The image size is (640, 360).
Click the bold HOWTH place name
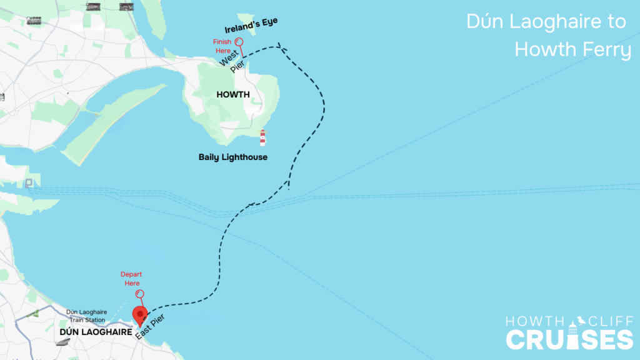click(x=232, y=95)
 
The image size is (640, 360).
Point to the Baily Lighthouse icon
click(x=262, y=137)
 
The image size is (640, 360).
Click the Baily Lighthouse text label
click(x=232, y=157)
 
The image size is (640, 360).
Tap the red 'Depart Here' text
click(x=131, y=279)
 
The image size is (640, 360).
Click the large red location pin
click(x=140, y=314)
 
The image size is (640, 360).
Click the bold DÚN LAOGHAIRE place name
click(x=96, y=333)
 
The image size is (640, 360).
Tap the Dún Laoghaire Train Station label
click(x=87, y=316)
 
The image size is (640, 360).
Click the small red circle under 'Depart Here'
click(x=140, y=293)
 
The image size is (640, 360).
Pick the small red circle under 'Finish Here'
click(x=239, y=36)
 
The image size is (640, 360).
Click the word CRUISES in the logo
click(x=569, y=339)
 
